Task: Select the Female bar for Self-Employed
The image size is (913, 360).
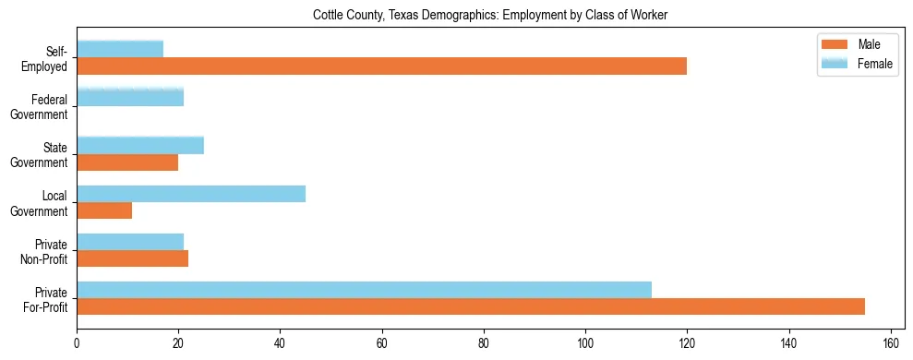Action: [120, 49]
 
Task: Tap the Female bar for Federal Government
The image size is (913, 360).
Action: [130, 97]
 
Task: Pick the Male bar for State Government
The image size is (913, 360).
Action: [127, 162]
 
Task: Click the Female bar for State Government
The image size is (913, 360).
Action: [140, 145]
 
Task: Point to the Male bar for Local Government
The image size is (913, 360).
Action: [104, 210]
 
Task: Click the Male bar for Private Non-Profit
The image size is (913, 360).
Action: [132, 258]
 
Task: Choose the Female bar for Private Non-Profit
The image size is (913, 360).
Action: [130, 241]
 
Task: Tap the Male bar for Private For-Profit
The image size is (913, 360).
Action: [471, 306]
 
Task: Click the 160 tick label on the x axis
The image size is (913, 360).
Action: [891, 342]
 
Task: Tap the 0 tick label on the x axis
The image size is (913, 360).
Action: [77, 342]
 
